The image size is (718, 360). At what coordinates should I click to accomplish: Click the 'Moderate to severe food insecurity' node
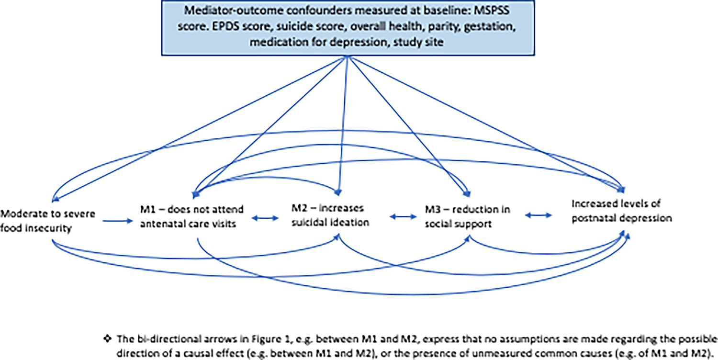coord(48,221)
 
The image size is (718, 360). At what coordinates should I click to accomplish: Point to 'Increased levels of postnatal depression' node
coord(622,211)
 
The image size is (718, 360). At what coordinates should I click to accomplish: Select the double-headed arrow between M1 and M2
coord(266,218)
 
